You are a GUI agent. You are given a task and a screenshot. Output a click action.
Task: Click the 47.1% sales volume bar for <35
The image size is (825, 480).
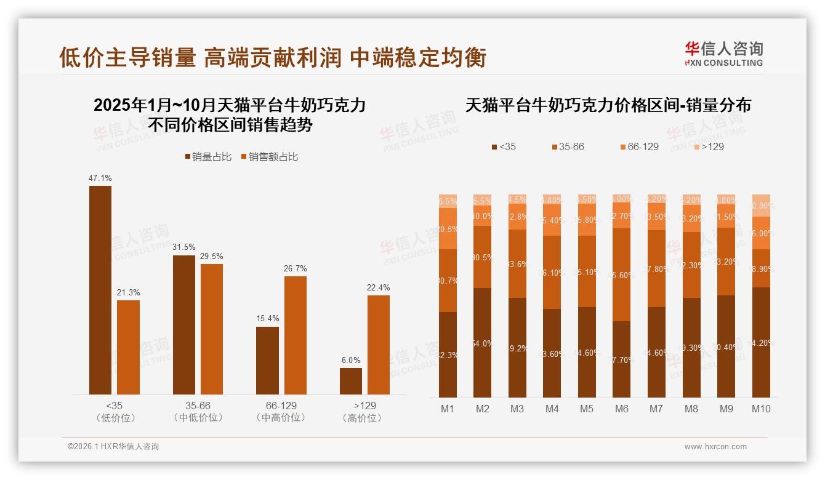pos(100,290)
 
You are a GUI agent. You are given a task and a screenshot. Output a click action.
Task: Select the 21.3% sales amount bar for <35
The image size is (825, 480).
pos(128,347)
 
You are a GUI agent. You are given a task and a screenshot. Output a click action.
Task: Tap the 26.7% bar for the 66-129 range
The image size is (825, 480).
pos(295,335)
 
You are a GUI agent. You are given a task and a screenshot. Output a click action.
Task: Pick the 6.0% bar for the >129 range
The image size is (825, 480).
pos(351,381)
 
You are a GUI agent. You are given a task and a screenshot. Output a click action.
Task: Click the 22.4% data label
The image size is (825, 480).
pos(379,287)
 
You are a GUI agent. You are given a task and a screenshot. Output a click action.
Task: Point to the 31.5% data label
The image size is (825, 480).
pos(184,247)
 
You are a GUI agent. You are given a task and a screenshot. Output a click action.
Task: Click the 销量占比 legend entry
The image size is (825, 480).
pos(209,157)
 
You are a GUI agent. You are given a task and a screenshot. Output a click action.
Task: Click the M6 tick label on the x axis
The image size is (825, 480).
pos(622,409)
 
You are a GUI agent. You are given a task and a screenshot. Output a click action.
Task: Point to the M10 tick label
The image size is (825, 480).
pos(761,409)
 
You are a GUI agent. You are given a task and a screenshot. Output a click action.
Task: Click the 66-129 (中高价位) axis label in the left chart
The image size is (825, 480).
pos(281,412)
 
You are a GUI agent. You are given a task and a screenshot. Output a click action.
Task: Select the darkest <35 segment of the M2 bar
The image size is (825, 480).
pos(483,343)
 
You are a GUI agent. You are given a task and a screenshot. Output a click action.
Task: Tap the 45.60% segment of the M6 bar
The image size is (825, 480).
pos(622,274)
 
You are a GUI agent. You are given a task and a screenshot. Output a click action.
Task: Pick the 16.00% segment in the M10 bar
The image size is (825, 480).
pos(761,233)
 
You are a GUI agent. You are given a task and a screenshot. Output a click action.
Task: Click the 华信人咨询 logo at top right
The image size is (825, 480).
pos(723,54)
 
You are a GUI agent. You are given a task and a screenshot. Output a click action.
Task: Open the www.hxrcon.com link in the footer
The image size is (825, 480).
pos(715,447)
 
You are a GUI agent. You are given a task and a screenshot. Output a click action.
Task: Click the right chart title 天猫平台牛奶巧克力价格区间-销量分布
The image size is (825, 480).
pos(608,105)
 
